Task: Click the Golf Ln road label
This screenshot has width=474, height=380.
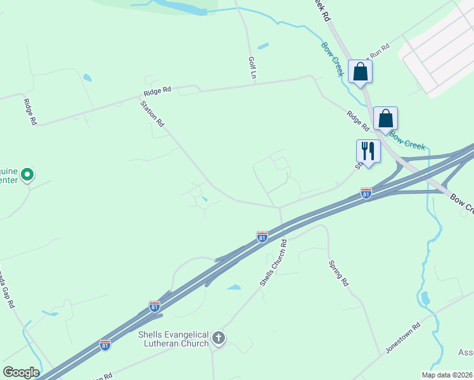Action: (252, 66)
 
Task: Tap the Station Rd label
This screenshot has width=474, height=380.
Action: (153, 113)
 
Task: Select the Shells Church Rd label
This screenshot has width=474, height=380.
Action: (273, 262)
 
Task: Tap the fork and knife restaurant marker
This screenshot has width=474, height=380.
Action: (368, 151)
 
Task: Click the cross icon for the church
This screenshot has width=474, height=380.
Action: (219, 338)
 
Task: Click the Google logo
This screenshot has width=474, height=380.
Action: (21, 372)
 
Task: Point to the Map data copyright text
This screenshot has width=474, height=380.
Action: (447, 375)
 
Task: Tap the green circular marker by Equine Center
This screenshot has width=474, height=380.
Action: (27, 174)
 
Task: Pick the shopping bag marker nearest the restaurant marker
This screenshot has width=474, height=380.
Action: (385, 118)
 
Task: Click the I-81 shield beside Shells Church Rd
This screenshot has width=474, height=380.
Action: (262, 236)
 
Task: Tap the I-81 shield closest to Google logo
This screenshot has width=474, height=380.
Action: (105, 345)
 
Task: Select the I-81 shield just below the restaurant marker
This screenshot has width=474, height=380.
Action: (366, 193)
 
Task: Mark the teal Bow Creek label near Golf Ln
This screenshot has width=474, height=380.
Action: (332, 60)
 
